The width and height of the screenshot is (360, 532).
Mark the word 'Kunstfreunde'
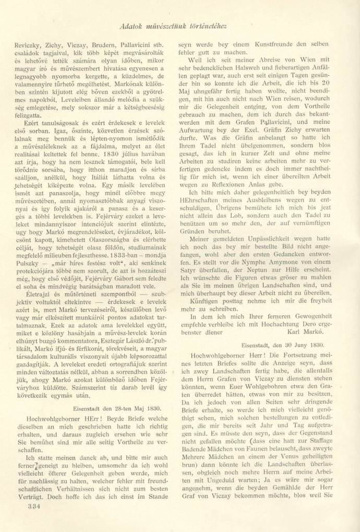pyautogui.click(x=256, y=45)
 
